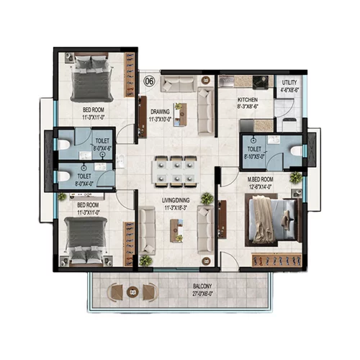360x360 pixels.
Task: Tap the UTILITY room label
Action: pos(289,83)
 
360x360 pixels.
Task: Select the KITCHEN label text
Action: pos(248,102)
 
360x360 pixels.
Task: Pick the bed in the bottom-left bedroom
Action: pos(88,238)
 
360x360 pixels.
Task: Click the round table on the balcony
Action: pos(132,292)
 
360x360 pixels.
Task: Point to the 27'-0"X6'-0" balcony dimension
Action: pos(202,294)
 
